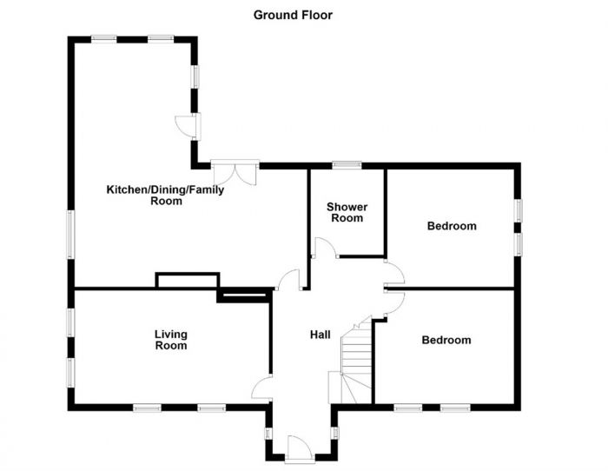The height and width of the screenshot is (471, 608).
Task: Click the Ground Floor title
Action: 293,15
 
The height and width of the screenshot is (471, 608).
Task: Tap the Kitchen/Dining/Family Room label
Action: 165,196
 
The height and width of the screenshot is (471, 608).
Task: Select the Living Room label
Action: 171,340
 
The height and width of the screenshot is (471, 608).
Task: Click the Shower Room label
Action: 347,213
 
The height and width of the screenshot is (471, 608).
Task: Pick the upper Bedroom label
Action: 452,226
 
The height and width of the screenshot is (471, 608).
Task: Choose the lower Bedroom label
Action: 446,340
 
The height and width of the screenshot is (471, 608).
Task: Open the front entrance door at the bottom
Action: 300,448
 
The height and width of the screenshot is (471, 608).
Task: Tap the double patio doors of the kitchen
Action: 235,170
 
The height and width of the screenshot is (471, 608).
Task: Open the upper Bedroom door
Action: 393,274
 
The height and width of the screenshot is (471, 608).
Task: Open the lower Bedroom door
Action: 393,301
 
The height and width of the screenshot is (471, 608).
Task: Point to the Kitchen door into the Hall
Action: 289,281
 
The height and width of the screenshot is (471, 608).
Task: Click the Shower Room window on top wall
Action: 347,164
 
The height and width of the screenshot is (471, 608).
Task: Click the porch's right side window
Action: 335,432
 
